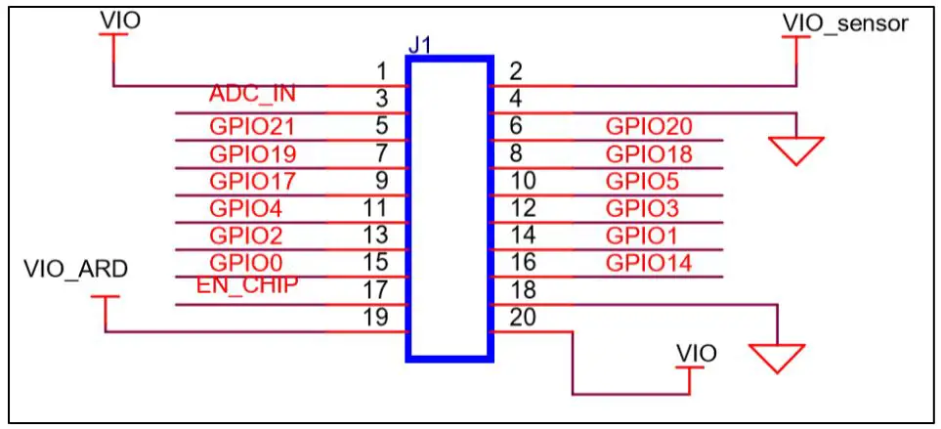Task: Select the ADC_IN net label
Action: pos(252,94)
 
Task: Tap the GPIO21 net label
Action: pos(252,126)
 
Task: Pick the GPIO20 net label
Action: pos(649,126)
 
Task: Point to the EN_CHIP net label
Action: pos(246,284)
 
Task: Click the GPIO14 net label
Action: pos(649,262)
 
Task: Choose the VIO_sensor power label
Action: pos(845,21)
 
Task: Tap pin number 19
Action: pos(375,317)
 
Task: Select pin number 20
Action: pos(522,317)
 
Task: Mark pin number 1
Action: pos(382,70)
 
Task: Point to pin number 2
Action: pos(516,70)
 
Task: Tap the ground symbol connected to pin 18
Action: pos(777,358)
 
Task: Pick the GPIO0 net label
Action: pos(246,262)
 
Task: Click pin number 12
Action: pos(522,207)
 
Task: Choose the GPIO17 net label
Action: pos(252,181)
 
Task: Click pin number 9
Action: pos(382,181)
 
